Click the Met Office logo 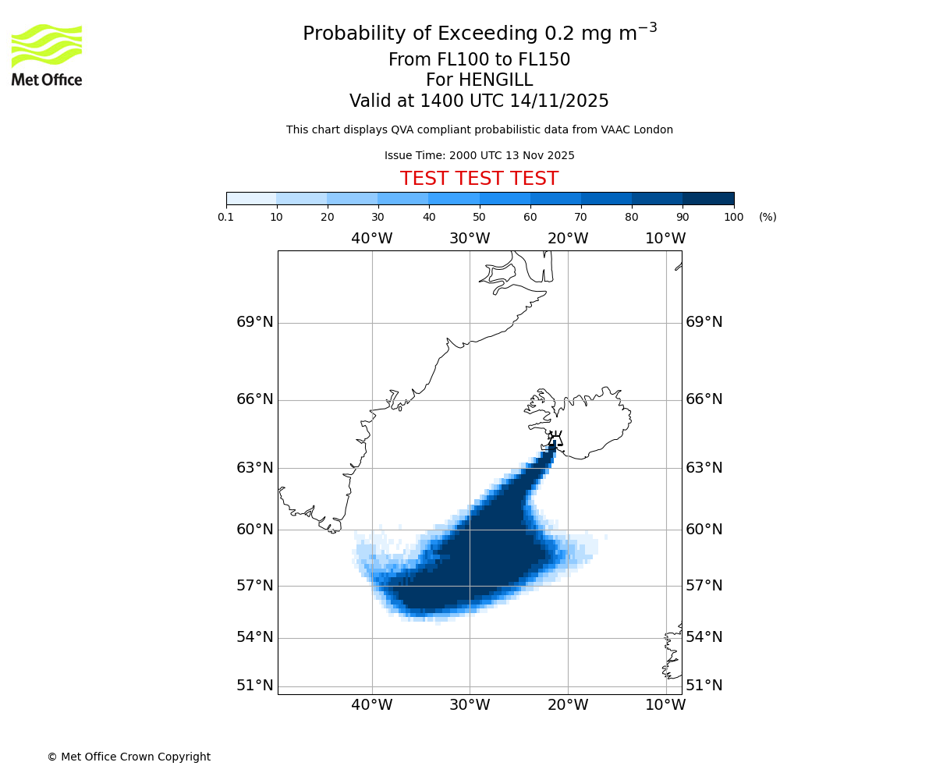pos(47,55)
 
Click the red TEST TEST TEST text pos(479,179)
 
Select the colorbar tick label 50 pos(479,217)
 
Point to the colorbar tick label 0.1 pos(226,217)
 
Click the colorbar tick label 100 pos(733,217)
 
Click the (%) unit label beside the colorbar pos(768,217)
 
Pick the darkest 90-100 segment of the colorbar pos(708,198)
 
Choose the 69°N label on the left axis pos(255,322)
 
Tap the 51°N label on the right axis pos(704,686)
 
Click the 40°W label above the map pos(371,238)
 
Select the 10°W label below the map pos(665,705)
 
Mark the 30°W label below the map pos(470,705)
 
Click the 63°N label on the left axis pos(255,468)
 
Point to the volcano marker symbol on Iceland pos(555,438)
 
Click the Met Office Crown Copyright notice pos(129,757)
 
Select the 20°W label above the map pos(568,238)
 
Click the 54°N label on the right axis pos(704,637)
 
